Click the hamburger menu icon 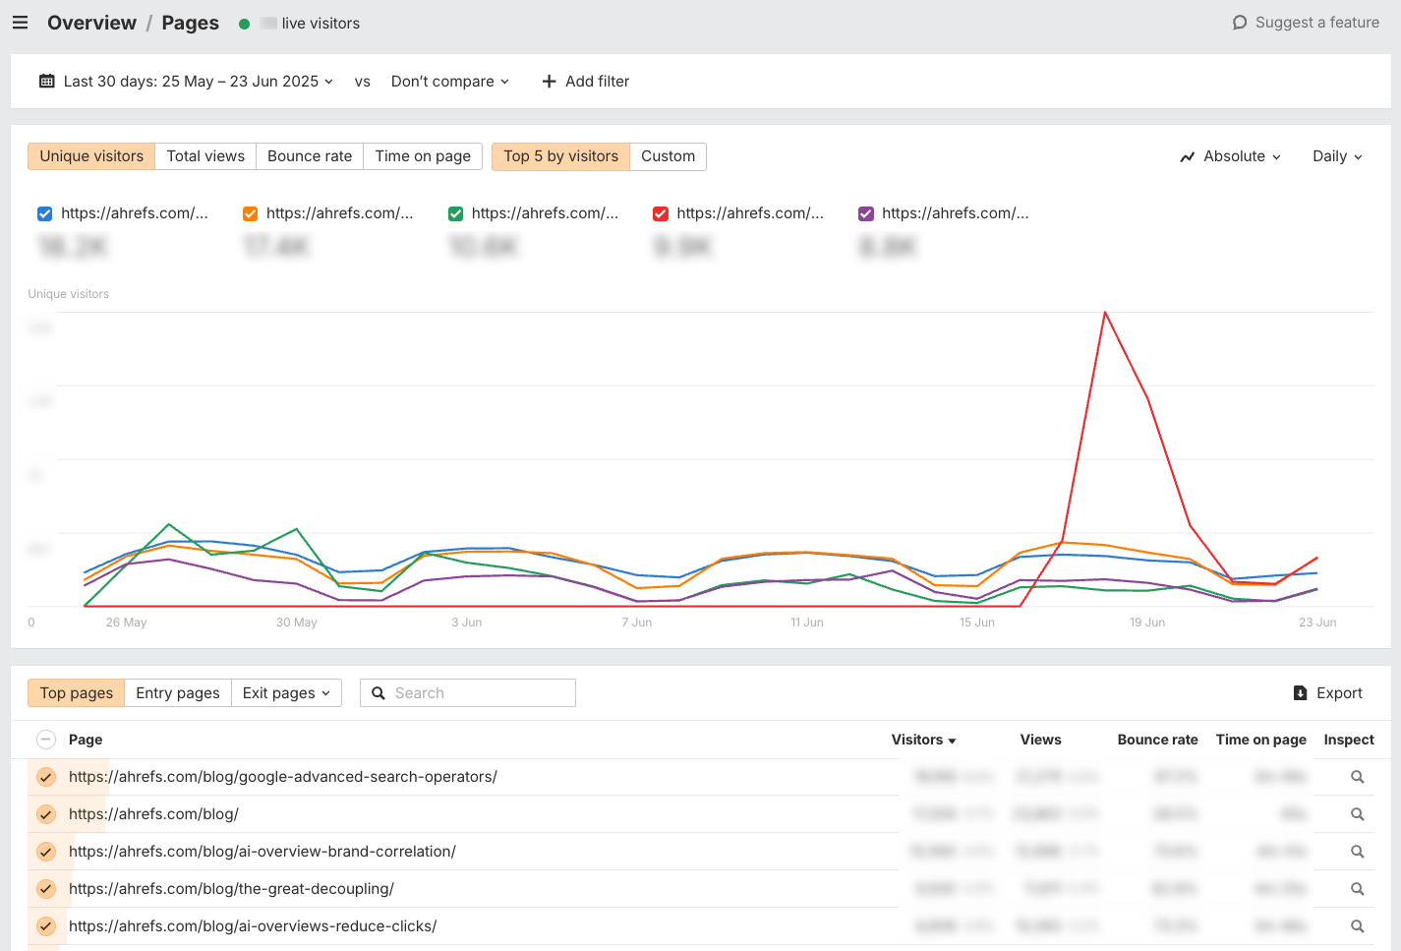20,23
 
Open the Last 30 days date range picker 187,82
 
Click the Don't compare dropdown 449,82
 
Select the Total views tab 205,156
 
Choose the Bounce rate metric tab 309,156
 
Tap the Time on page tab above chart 423,156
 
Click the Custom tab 668,156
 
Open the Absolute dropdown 1231,156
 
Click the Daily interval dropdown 1337,156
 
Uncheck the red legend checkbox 661,214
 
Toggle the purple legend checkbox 866,214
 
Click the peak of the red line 1105,313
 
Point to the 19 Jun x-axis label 1146,623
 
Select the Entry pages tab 178,693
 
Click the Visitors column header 922,740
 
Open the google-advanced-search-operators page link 283,777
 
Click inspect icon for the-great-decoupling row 1357,889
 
